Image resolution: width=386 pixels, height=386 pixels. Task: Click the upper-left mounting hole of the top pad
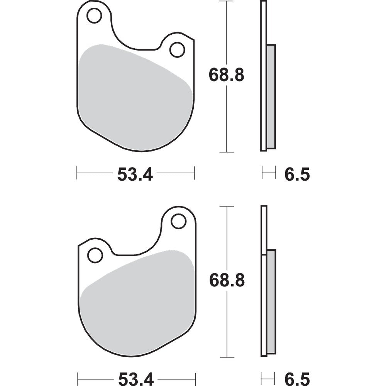pyautogui.click(x=94, y=16)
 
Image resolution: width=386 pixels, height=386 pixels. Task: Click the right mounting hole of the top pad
pyautogui.click(x=177, y=50)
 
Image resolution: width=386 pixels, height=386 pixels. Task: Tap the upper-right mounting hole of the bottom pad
pyautogui.click(x=178, y=221)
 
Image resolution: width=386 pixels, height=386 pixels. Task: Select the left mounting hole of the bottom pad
pyautogui.click(x=95, y=255)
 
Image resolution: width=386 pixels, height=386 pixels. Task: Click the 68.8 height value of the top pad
pyautogui.click(x=227, y=74)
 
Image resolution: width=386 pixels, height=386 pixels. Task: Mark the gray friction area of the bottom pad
pyautogui.click(x=135, y=305)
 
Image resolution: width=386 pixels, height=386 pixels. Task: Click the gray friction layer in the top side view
pyautogui.click(x=271, y=96)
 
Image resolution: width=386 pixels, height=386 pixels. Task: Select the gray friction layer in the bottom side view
pyautogui.click(x=271, y=301)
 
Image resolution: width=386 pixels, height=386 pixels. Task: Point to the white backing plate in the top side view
pyautogui.click(x=263, y=77)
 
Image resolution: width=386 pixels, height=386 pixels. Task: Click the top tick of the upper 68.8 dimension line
pyautogui.click(x=226, y=2)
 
